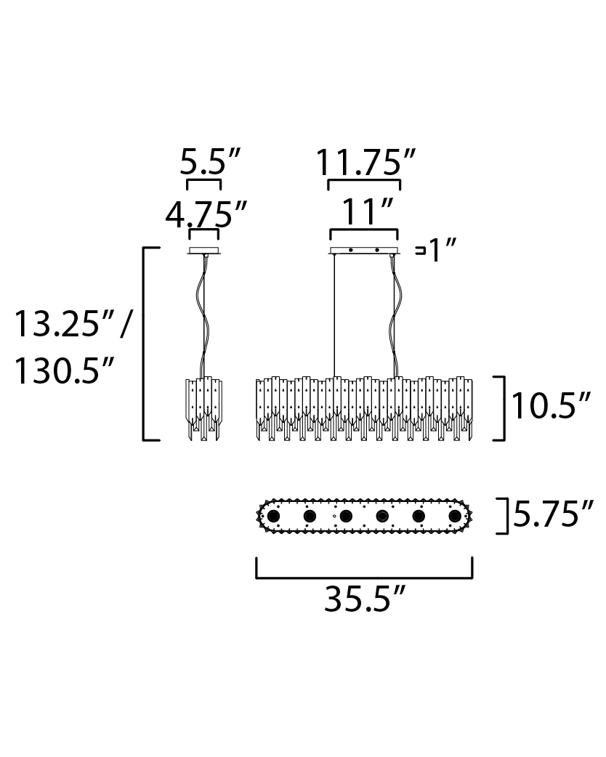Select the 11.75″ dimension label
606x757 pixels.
click(x=365, y=162)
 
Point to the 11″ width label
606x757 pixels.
click(x=366, y=211)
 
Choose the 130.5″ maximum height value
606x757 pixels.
click(x=64, y=371)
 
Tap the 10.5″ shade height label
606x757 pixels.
click(x=551, y=406)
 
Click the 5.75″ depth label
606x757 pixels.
click(x=553, y=514)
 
